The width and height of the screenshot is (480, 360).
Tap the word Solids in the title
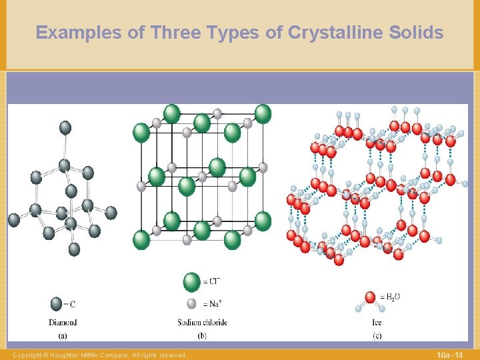click(x=417, y=32)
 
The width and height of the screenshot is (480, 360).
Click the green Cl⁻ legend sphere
click(x=192, y=282)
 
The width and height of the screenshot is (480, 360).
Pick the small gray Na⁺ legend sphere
click(x=192, y=303)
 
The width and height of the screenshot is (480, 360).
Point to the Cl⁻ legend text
click(x=213, y=282)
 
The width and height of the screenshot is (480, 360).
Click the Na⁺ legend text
click(x=213, y=303)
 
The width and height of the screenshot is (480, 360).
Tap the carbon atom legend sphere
click(x=57, y=304)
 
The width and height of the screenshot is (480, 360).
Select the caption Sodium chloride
click(x=202, y=322)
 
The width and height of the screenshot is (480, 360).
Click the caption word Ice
click(x=377, y=322)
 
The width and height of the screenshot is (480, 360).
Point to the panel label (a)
click(x=62, y=335)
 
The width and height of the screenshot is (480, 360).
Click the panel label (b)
click(x=202, y=335)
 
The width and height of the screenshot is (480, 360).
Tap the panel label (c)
click(x=377, y=335)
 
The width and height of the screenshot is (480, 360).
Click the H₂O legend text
click(x=392, y=296)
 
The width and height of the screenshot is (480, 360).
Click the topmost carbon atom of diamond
click(x=65, y=127)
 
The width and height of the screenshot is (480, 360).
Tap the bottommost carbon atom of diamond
click(x=74, y=249)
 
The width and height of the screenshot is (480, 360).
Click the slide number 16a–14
click(x=450, y=354)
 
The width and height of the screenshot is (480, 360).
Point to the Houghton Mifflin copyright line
click(x=100, y=355)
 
